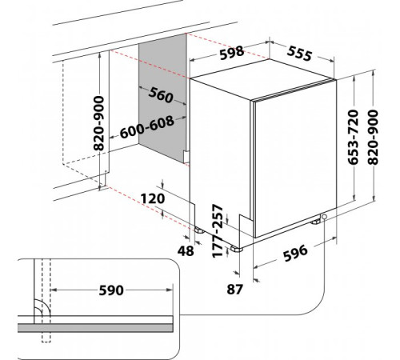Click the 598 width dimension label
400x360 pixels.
pos(232,53)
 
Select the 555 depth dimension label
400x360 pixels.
pos(299,54)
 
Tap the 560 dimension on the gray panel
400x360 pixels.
pos(161,95)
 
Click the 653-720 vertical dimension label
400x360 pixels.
pos(354,137)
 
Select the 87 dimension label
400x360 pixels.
pos(234,289)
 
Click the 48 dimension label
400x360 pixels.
pos(186,251)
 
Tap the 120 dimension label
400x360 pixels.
pos(153,199)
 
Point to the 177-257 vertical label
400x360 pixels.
pos(218,231)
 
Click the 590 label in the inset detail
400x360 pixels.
pos(111,290)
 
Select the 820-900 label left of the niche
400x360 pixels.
pos(98,123)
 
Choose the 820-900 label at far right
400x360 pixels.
pos(373,138)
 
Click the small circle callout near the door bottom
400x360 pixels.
pos(324,217)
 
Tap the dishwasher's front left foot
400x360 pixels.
pos(237,249)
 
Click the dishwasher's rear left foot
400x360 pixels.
pos(199,230)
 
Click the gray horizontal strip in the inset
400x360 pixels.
pos(95,328)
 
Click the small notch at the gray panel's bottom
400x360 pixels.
pos(186,157)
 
